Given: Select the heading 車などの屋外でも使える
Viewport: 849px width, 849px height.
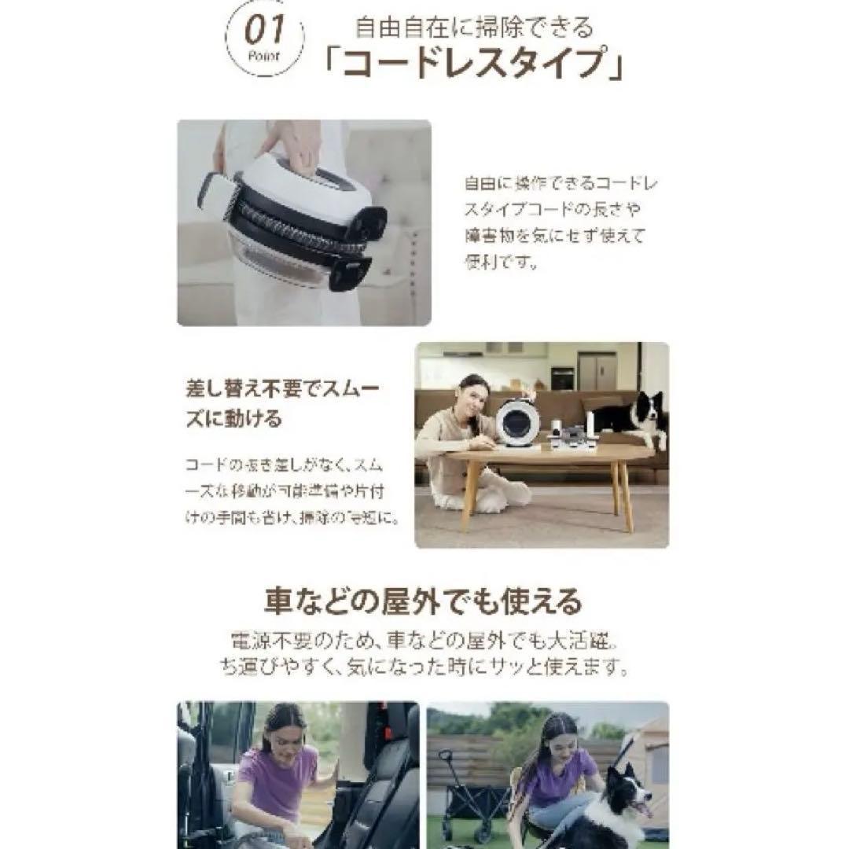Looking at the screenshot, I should pos(423,602).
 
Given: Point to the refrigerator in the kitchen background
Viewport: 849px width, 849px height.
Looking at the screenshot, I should pos(597,371).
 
